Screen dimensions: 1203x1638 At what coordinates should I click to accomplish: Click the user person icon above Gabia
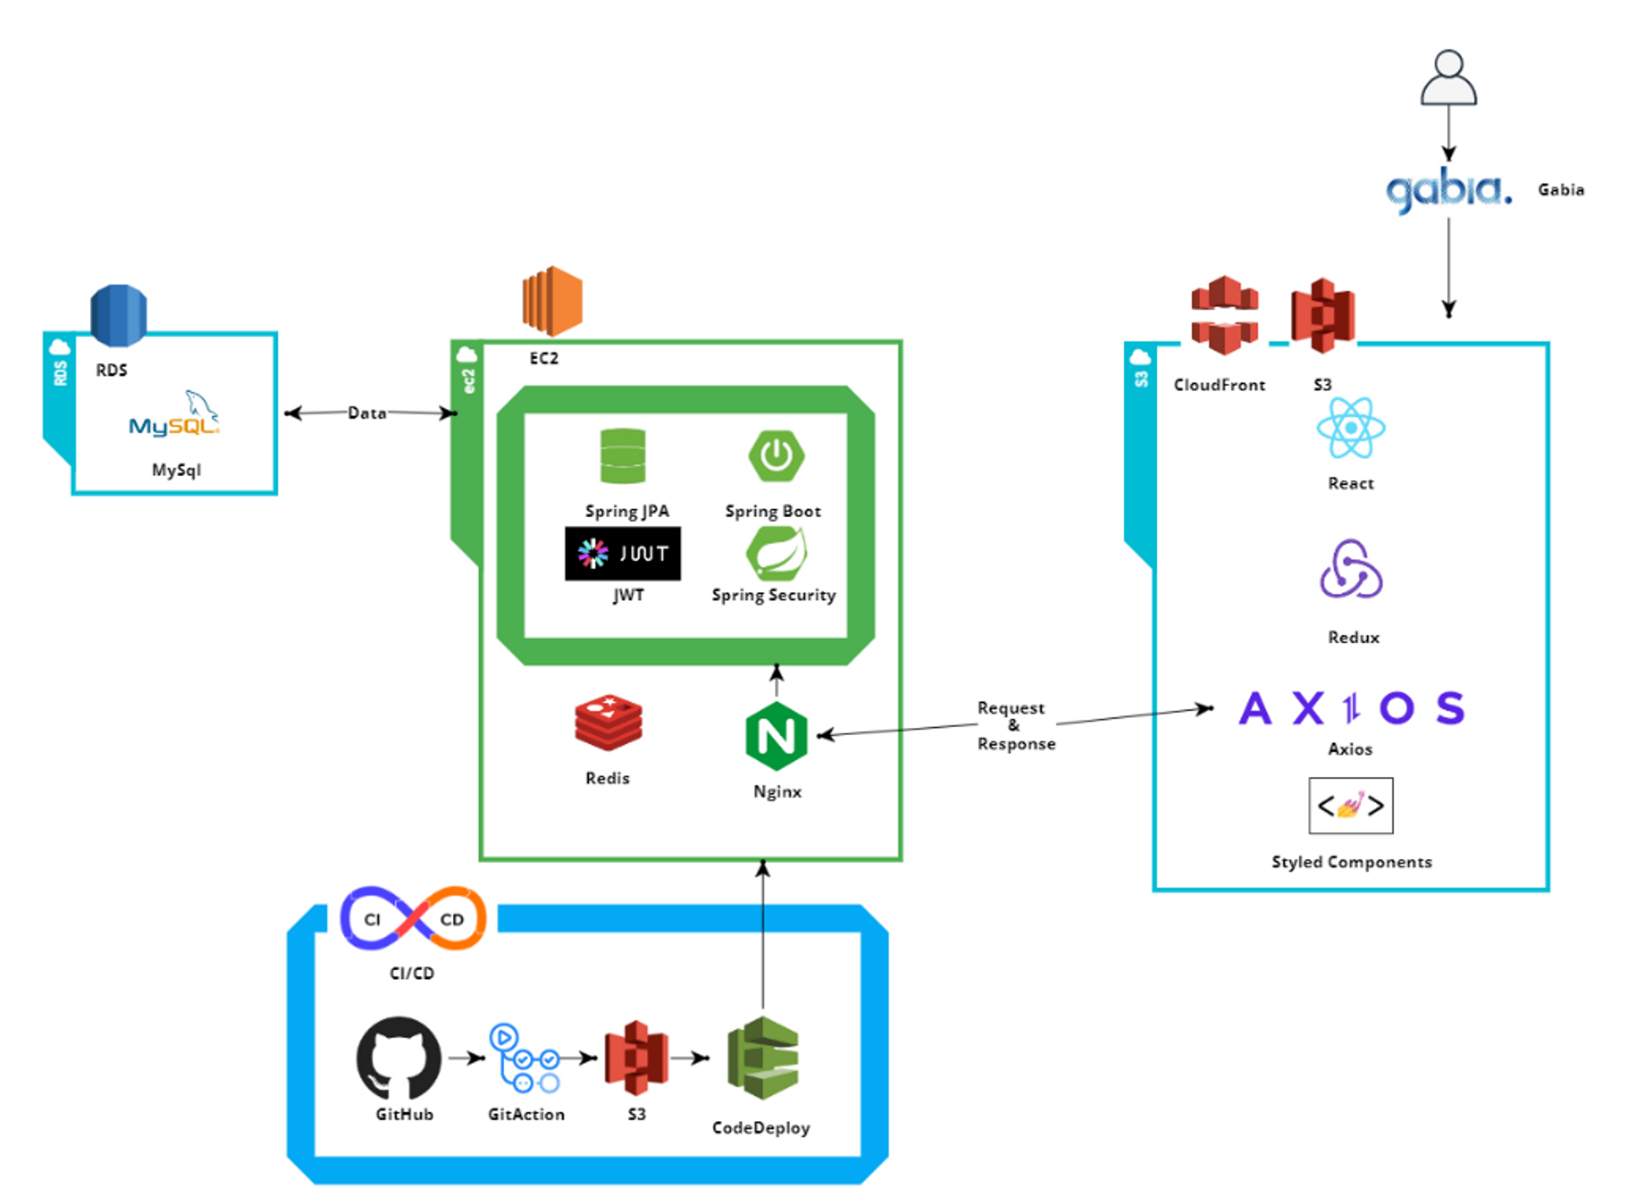1448,79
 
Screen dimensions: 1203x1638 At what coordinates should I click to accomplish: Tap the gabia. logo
1448,190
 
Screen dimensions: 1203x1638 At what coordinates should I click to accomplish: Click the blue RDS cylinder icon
119,315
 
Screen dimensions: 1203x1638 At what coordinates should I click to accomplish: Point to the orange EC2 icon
553,301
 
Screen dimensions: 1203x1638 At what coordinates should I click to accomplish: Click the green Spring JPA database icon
622,456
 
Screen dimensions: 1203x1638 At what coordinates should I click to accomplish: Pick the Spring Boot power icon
776,455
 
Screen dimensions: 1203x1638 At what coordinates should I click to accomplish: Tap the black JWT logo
622,554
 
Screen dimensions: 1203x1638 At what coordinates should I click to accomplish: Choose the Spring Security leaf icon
776,553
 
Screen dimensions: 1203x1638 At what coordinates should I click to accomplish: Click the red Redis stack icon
608,722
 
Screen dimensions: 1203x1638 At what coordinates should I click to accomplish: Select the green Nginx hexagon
776,736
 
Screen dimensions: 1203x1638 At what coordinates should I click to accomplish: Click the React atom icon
1351,428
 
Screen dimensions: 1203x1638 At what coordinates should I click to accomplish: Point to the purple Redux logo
1351,570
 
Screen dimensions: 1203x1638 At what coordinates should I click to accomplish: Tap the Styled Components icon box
1351,806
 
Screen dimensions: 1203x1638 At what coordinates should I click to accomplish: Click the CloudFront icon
1224,316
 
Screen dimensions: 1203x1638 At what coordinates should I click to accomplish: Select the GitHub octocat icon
399,1058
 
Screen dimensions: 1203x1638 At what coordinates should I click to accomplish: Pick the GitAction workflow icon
525,1058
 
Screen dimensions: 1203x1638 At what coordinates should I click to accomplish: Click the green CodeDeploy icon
762,1058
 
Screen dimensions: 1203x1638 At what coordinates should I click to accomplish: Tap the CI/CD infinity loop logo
413,919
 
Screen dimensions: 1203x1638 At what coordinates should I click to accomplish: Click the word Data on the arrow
367,413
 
